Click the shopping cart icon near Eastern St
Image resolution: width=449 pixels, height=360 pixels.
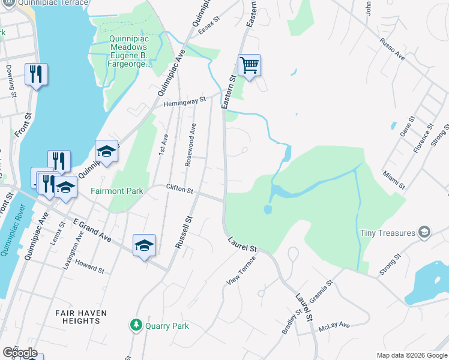(x=249, y=64)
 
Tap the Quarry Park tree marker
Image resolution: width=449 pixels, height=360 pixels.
(x=136, y=326)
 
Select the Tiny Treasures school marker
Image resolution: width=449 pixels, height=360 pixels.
(x=424, y=232)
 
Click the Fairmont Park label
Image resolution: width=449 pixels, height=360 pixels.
(x=116, y=191)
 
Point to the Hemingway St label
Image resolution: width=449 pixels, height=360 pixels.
(x=184, y=102)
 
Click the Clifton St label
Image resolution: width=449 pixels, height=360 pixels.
(x=179, y=191)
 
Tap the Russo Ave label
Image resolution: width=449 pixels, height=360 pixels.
(x=392, y=50)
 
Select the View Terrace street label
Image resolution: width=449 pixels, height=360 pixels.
(x=241, y=269)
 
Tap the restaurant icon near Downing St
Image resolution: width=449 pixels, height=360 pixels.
(x=36, y=74)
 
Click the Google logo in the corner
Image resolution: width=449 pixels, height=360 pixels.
(x=20, y=353)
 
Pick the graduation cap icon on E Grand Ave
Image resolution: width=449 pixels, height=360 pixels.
(x=144, y=245)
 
